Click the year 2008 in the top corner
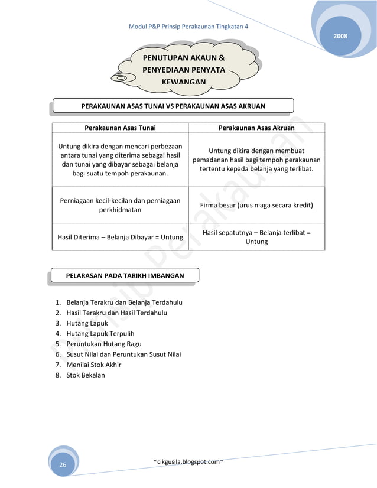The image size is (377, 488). [340, 37]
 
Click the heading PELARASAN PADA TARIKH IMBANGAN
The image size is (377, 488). [125, 275]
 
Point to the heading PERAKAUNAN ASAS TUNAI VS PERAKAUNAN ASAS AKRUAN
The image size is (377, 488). [173, 106]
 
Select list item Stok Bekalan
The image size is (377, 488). [86, 375]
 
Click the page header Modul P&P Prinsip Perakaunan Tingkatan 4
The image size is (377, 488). [188, 28]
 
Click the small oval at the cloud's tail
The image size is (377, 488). [120, 77]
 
